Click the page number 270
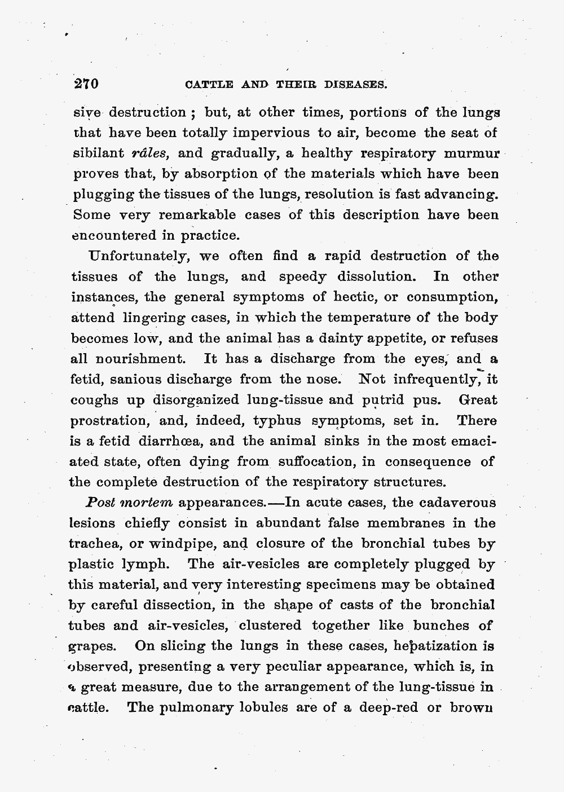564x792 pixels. [x=86, y=85]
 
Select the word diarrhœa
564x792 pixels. [x=156, y=441]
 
